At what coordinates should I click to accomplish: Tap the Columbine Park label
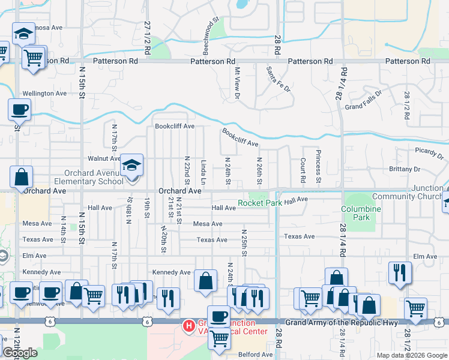(x=361, y=213)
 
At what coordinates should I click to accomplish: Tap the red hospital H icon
(x=188, y=326)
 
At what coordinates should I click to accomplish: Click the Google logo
(x=20, y=353)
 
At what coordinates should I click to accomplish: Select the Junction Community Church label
(x=410, y=192)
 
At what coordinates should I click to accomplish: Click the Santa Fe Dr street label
(x=279, y=79)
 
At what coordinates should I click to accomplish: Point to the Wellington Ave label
(x=44, y=94)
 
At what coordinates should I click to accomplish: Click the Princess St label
(x=319, y=167)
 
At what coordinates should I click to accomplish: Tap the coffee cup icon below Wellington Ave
(x=19, y=110)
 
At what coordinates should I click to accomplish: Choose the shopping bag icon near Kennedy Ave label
(x=205, y=281)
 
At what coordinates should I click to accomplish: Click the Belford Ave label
(x=255, y=355)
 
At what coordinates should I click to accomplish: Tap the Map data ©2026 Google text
(x=411, y=355)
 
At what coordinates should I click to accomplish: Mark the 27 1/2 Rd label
(x=146, y=40)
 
